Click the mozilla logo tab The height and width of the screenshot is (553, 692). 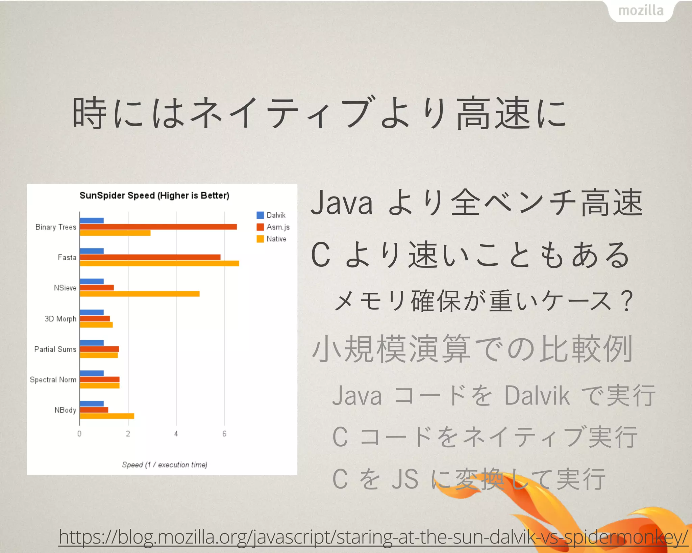[x=641, y=11]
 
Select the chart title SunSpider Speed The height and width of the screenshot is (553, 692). [x=154, y=195]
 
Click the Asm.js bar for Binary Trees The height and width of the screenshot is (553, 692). [x=158, y=227]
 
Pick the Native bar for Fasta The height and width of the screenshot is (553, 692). [x=159, y=263]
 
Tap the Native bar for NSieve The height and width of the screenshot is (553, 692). [x=140, y=294]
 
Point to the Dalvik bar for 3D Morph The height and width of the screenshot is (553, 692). [x=92, y=312]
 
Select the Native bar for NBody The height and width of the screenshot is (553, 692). [x=107, y=416]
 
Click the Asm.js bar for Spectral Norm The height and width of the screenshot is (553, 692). [x=100, y=379]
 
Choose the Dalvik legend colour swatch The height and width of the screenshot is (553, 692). [x=260, y=215]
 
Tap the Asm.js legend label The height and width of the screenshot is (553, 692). [x=278, y=227]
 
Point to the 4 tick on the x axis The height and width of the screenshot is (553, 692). [x=176, y=434]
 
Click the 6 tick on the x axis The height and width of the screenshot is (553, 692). [x=224, y=434]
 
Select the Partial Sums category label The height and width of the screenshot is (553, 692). [x=55, y=349]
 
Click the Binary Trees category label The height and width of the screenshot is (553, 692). [x=56, y=227]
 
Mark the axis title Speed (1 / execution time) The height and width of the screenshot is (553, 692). [x=165, y=465]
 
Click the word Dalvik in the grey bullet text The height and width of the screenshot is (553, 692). [x=537, y=396]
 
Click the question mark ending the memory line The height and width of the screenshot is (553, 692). [x=627, y=301]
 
